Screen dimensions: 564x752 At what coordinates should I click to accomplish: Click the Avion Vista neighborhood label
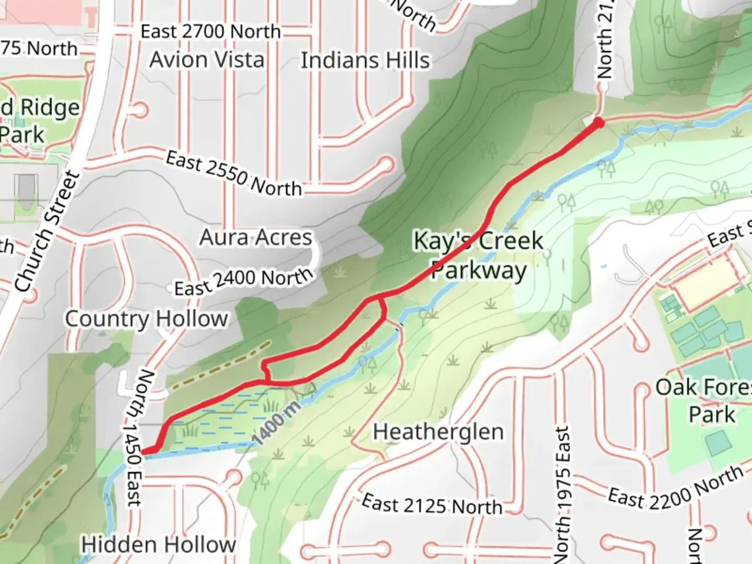(x=207, y=60)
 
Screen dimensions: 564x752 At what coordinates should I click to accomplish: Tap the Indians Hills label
(x=365, y=61)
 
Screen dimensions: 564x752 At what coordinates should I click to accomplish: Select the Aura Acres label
(x=255, y=238)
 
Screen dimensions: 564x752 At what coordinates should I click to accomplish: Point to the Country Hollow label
(x=146, y=319)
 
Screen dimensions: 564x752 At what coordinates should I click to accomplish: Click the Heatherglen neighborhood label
(x=438, y=432)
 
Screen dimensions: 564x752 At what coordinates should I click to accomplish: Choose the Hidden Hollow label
(x=158, y=545)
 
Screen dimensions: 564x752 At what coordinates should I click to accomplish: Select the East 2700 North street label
(x=210, y=32)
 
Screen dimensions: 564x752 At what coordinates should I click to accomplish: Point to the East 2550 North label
(x=234, y=173)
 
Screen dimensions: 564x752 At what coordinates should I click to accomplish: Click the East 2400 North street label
(x=243, y=281)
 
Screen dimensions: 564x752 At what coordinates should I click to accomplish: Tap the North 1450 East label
(x=134, y=438)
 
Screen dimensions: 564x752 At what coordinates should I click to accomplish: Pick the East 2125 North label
(x=432, y=505)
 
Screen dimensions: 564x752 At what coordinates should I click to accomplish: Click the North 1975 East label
(x=562, y=494)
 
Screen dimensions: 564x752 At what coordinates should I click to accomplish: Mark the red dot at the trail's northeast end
(x=598, y=123)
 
